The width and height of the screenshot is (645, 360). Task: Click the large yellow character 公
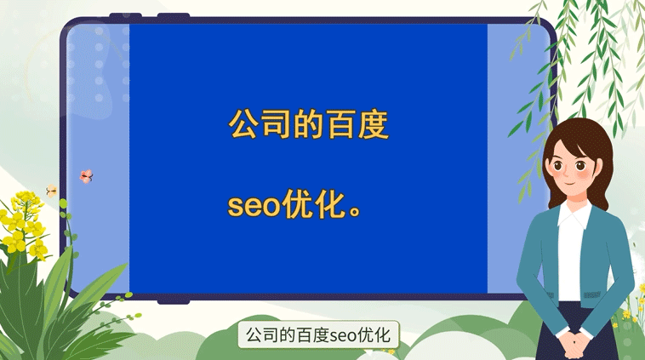pyautogui.click(x=244, y=124)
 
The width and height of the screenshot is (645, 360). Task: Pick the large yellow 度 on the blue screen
pyautogui.click(x=373, y=124)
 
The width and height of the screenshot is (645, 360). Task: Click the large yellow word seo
pyautogui.click(x=254, y=207)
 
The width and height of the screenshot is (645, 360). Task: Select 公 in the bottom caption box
pyautogui.click(x=253, y=335)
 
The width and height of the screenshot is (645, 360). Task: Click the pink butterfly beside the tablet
pyautogui.click(x=85, y=176)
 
